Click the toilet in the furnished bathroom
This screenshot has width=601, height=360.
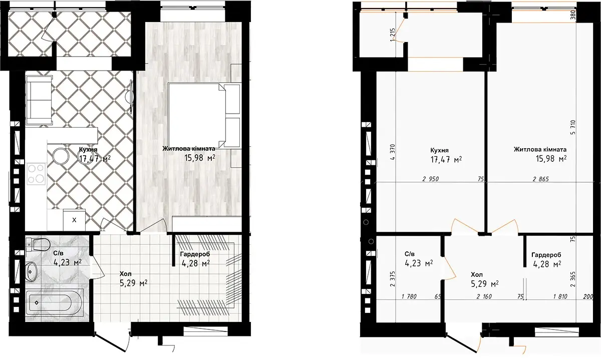[x=39, y=245]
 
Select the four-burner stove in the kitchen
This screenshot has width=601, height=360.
[x=36, y=174]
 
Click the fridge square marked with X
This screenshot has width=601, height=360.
[x=74, y=220]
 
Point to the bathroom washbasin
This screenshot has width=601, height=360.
[x=32, y=271]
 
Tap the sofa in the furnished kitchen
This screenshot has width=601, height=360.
[x=39, y=100]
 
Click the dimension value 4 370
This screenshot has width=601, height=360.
[x=393, y=152]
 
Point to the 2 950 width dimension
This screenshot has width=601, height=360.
[x=430, y=179]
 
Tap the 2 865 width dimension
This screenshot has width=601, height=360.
[x=541, y=179]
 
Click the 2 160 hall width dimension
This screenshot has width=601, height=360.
[x=484, y=296]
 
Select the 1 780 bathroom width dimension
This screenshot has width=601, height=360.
[x=409, y=296]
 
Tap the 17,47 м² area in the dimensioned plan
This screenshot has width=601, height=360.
[x=446, y=160]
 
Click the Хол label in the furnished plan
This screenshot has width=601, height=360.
[x=125, y=274]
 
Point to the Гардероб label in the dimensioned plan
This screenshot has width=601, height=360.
[x=546, y=255]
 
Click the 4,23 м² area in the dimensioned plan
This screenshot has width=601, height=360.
[x=419, y=263]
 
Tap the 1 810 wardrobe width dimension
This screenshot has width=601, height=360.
[x=560, y=296]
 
